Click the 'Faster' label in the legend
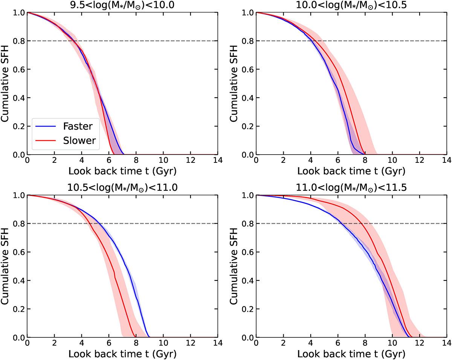tap(78, 126)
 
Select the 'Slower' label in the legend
tap(79, 141)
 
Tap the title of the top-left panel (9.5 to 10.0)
tap(122, 5)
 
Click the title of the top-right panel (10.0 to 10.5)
tap(351, 5)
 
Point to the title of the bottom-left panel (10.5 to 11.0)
tap(122, 187)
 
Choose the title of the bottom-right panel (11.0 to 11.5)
tap(351, 187)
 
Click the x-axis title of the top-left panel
tap(122, 171)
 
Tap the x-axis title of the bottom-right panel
tap(351, 354)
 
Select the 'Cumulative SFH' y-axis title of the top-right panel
tap(234, 83)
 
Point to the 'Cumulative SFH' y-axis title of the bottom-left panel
tap(5, 266)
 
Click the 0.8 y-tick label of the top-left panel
tap(19, 41)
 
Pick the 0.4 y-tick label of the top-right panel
tap(247, 98)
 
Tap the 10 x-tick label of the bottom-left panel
tap(163, 343)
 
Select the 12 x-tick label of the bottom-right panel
tap(420, 343)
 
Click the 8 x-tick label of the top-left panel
tap(136, 161)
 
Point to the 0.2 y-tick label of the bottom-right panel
tap(247, 309)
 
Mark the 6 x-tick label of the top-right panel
tap(337, 161)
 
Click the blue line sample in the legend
tap(46, 126)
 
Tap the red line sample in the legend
tap(46, 141)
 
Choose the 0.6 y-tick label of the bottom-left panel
tap(19, 252)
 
